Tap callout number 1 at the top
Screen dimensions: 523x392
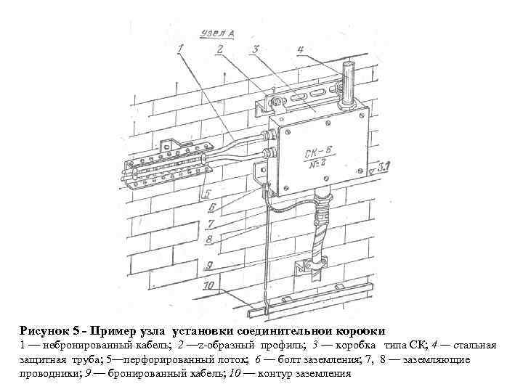(x=180, y=49)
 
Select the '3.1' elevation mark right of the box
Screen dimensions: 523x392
(x=384, y=168)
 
